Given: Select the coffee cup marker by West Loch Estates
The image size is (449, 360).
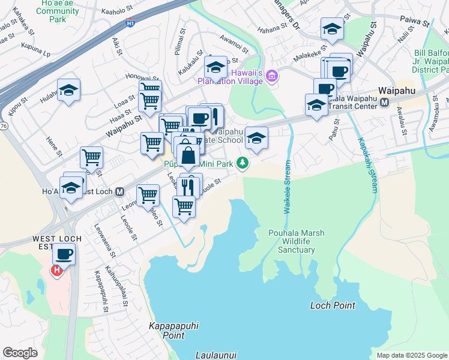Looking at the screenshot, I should (x=64, y=254).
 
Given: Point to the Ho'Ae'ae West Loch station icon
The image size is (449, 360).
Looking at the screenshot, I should (x=119, y=192).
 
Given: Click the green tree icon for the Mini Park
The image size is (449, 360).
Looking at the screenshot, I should (x=243, y=163).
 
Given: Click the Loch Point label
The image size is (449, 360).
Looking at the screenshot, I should (x=333, y=305).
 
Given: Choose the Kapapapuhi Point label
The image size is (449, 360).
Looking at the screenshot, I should (x=173, y=331).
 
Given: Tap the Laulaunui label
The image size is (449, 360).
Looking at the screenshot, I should (x=217, y=355).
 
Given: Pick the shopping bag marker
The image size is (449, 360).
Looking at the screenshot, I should (x=188, y=156).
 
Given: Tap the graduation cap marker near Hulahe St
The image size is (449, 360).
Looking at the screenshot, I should (x=69, y=90).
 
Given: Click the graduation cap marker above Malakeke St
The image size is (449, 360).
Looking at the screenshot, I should (x=331, y=29).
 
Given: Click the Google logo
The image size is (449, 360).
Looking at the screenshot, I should (x=20, y=353).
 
